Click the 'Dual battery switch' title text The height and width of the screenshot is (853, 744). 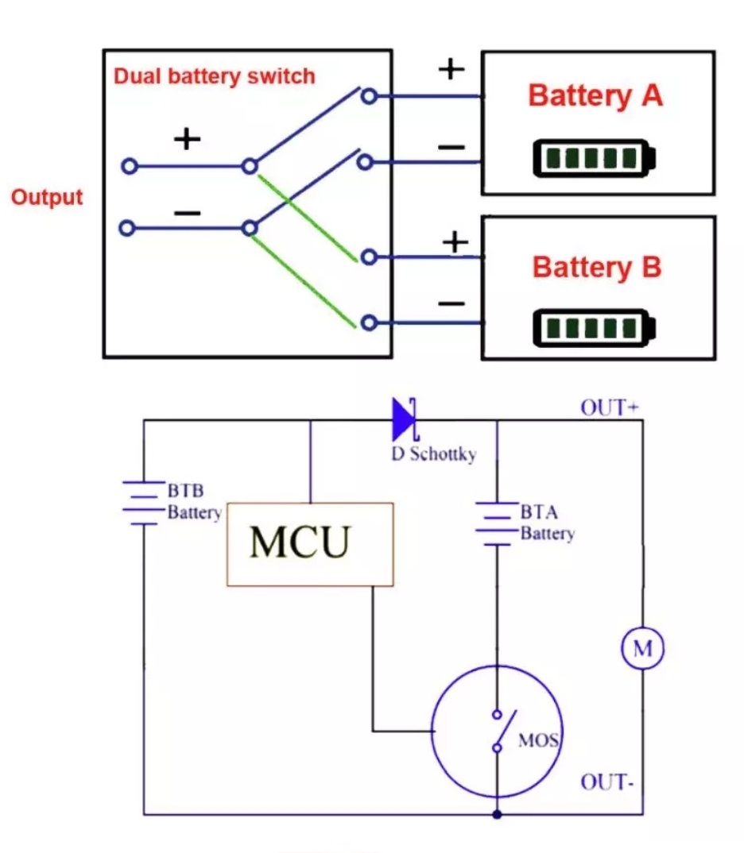(215, 76)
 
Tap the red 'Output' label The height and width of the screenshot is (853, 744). (47, 197)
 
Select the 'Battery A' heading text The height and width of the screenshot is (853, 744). (595, 96)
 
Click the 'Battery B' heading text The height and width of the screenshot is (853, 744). (596, 267)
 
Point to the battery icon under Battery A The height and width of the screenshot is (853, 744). (595, 158)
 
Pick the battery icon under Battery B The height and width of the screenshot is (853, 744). (595, 326)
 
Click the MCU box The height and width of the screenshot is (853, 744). (310, 544)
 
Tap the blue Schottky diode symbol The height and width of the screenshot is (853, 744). (405, 420)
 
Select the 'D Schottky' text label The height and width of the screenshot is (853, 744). (432, 455)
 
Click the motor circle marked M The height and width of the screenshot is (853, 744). (642, 648)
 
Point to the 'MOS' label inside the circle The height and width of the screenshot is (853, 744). (538, 742)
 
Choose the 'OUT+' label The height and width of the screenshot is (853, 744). (610, 408)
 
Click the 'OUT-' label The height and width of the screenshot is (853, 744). (606, 782)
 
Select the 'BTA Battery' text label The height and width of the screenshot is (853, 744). (547, 523)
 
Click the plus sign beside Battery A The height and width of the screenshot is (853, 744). (451, 69)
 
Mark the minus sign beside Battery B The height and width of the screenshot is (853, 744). (451, 303)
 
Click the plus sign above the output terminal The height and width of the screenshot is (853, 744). (187, 140)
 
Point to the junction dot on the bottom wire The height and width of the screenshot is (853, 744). (497, 814)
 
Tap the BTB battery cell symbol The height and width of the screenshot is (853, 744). (143, 503)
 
